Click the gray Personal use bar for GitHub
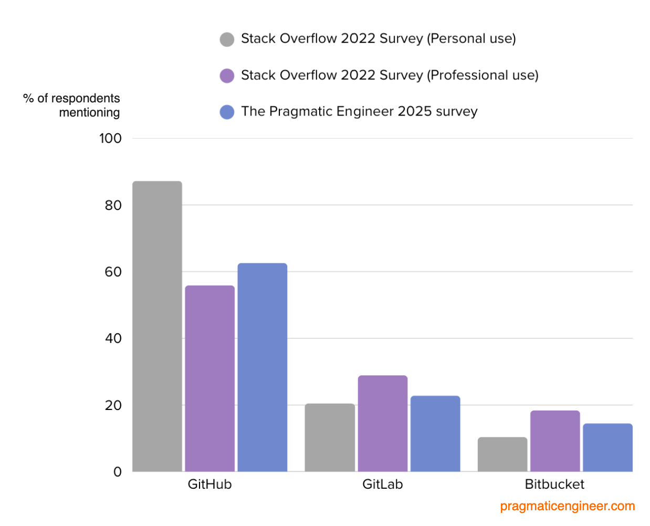pos(157,326)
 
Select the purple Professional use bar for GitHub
pos(209,378)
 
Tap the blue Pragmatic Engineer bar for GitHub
pos(262,367)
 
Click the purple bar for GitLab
pos(382,423)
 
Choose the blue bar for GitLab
pos(435,433)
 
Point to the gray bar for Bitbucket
pos(502,454)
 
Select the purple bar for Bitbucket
pos(555,441)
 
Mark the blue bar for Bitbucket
pos(607,447)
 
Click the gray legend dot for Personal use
pos(227,39)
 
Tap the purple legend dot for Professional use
pos(227,76)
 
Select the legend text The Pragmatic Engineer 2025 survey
pos(359,112)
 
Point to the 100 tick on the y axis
pos(110,139)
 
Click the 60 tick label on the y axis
pos(113,272)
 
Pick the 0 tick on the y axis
pos(118,472)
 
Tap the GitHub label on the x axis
pos(209,484)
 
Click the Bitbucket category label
pos(554,484)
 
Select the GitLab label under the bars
pos(382,484)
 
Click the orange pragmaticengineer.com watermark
pos(567,507)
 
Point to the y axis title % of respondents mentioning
pos(72,106)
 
